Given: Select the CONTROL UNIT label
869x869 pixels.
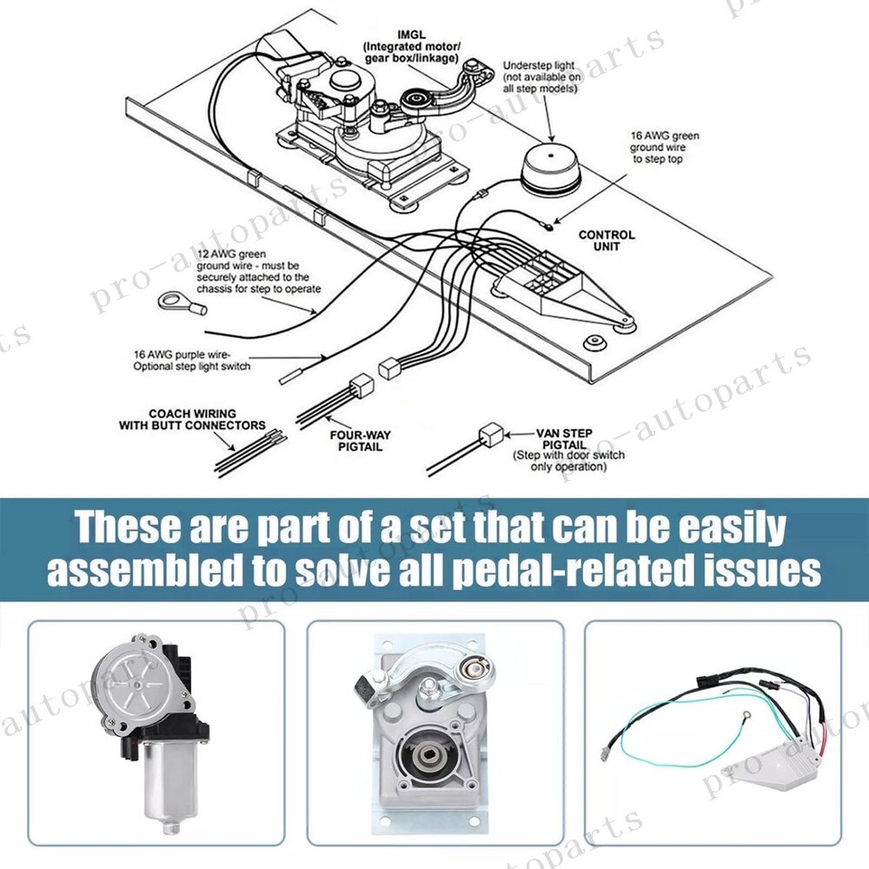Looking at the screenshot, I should tap(606, 241).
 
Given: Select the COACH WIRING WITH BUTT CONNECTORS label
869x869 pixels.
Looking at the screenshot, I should tap(194, 419).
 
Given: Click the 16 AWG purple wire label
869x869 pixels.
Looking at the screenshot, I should tap(191, 360).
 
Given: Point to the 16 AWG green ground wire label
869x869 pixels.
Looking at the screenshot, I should tap(664, 148).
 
